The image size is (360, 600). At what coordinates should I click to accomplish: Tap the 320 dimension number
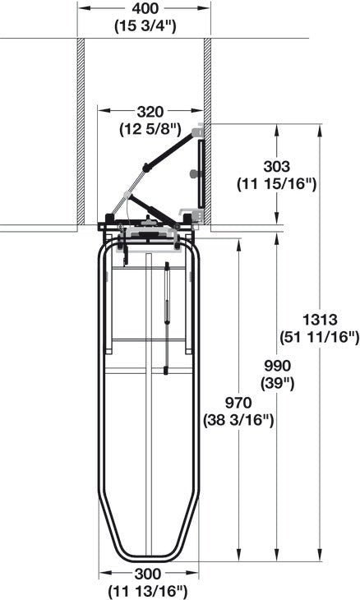click(150, 111)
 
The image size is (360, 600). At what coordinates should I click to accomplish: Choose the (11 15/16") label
click(276, 182)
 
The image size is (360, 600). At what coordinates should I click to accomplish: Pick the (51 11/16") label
click(321, 335)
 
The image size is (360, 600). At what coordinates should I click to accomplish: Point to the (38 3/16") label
click(238, 419)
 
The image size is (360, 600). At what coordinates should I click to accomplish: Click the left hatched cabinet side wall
click(81, 132)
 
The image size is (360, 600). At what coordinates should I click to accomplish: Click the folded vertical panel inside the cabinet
click(199, 173)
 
